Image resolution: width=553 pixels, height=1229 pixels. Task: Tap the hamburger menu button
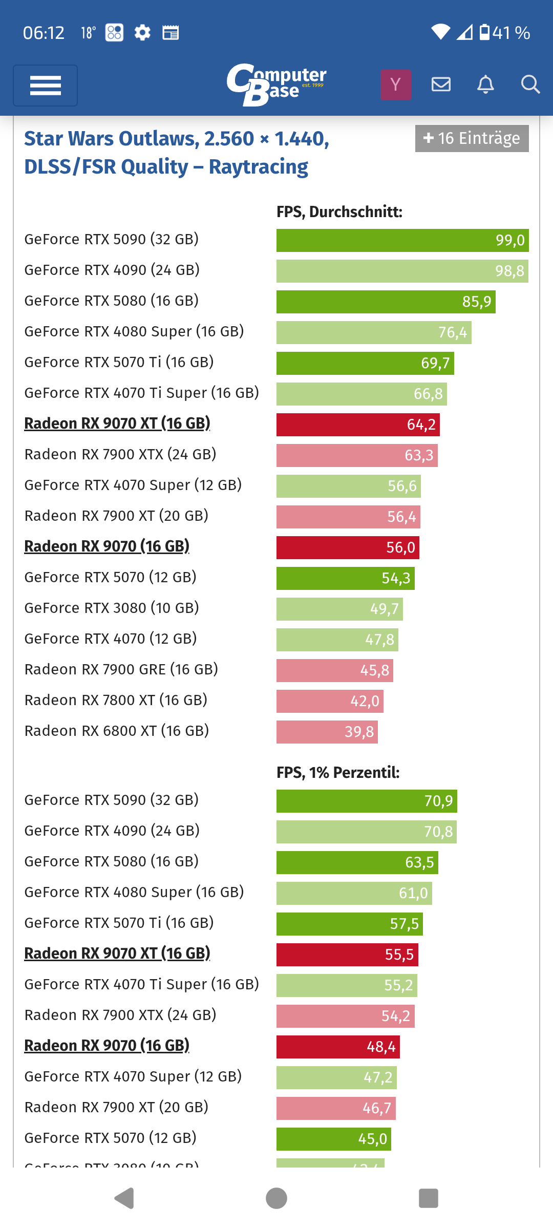[45, 86]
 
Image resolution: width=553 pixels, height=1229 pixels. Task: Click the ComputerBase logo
[276, 84]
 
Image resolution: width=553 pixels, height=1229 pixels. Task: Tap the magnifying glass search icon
[530, 84]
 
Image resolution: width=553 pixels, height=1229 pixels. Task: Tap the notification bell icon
[485, 84]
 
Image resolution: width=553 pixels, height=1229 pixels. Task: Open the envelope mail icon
[441, 84]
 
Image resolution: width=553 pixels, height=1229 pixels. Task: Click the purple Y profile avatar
[395, 84]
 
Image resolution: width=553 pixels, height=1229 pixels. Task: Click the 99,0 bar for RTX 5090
[402, 240]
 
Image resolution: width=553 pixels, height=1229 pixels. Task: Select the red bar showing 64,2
[357, 425]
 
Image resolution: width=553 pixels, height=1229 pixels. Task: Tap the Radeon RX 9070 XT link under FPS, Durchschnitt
[117, 423]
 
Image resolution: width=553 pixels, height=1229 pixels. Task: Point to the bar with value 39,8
[327, 732]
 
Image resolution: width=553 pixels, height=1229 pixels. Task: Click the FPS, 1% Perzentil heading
[338, 772]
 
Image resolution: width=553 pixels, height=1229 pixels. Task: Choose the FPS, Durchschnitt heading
[339, 211]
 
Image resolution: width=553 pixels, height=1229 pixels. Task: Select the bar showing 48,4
[337, 1047]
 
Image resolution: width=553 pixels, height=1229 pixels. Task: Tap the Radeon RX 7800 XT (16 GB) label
[116, 700]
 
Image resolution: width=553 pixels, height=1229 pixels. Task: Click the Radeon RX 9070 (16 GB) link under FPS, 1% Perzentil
[107, 1045]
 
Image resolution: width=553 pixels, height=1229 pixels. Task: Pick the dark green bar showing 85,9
[385, 302]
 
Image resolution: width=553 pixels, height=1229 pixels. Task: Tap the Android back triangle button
[124, 1198]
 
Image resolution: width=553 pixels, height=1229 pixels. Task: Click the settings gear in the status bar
[142, 33]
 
